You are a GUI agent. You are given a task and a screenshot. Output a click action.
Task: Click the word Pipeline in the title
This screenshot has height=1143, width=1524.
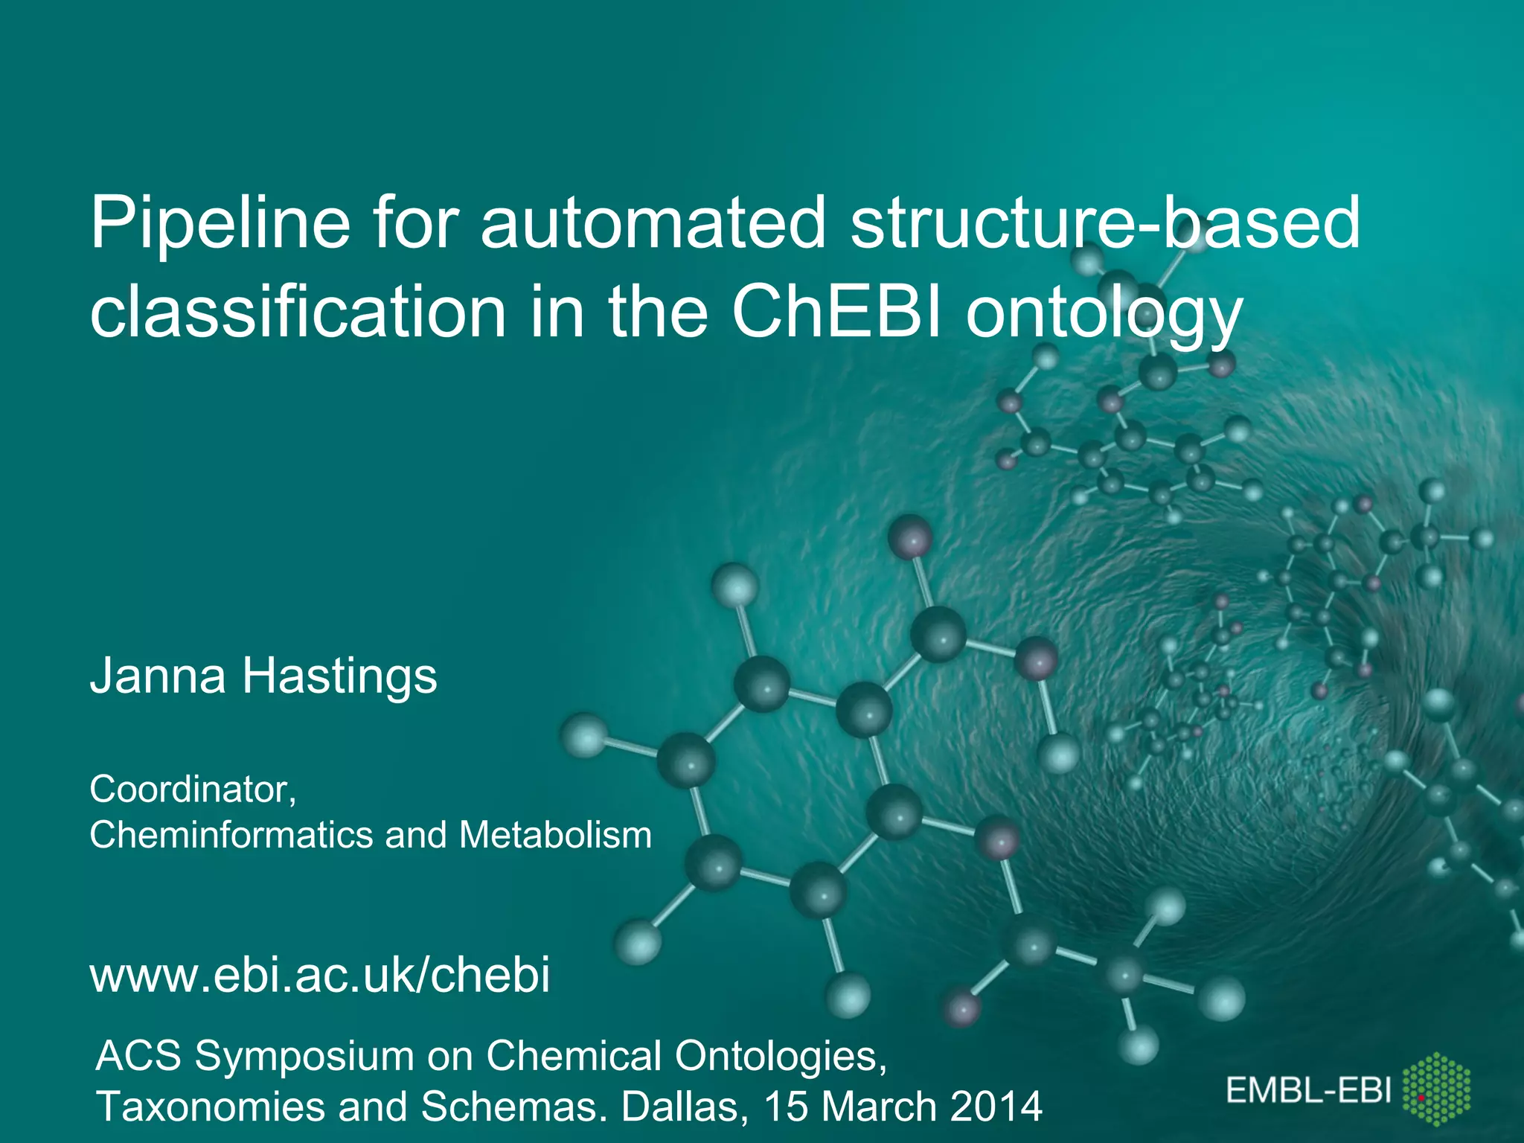click(x=220, y=223)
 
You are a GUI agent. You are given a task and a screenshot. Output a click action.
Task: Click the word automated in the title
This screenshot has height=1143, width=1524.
click(x=653, y=223)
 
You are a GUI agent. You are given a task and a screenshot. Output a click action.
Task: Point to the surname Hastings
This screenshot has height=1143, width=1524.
click(x=339, y=676)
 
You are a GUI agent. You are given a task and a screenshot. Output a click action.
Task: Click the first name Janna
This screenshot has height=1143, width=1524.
click(x=158, y=676)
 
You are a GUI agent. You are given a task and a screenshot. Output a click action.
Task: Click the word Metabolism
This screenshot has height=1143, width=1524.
click(x=555, y=834)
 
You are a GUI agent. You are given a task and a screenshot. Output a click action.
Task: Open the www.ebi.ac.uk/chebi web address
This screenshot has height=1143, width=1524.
click(x=320, y=974)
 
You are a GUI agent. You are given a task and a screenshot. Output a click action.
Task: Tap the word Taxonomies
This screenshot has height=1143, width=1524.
click(x=210, y=1107)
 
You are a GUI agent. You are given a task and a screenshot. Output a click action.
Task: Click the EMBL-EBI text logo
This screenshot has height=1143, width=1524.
click(x=1308, y=1091)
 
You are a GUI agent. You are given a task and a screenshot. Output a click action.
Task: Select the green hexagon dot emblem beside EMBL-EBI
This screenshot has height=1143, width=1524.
click(x=1436, y=1089)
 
